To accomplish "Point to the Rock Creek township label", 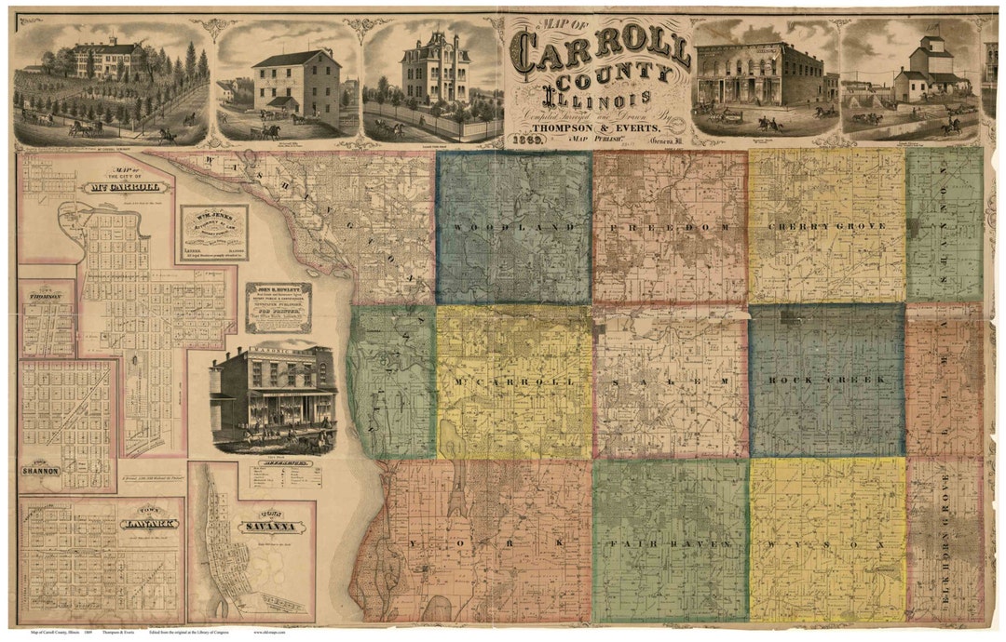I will click(x=825, y=381).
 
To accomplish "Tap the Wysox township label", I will click(x=825, y=542).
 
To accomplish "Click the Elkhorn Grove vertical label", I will click(x=945, y=540).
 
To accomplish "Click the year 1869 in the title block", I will click(x=527, y=140).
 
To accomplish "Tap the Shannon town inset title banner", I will click(x=41, y=470).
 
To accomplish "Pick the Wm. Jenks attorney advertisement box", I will click(x=213, y=232).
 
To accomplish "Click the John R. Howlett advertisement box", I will click(x=278, y=307).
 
